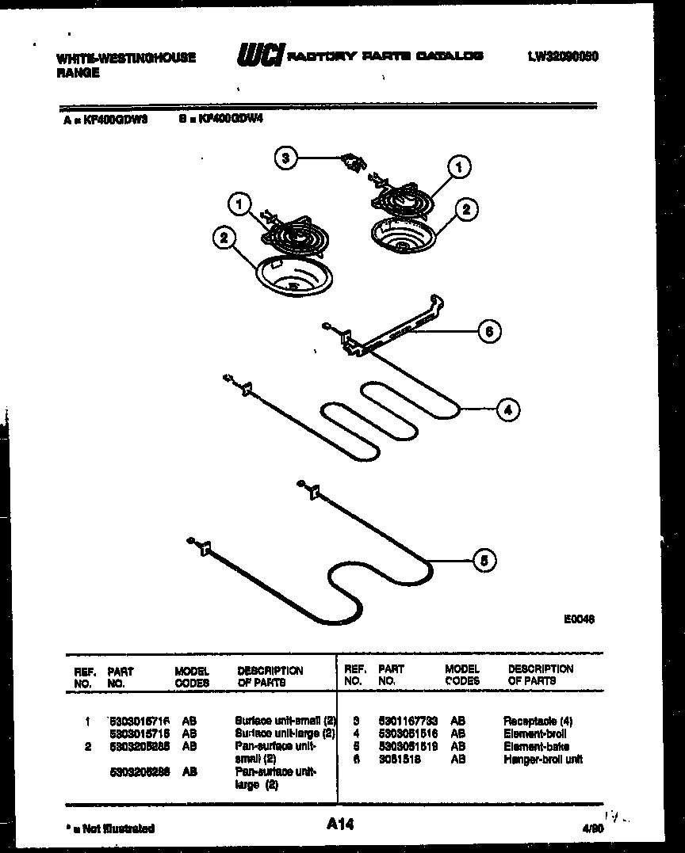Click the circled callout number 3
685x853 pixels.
(286, 158)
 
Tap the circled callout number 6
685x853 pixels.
(488, 332)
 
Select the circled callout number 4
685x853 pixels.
(507, 409)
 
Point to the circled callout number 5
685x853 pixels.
(484, 560)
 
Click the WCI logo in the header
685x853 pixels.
(259, 56)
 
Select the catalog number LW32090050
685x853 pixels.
(562, 56)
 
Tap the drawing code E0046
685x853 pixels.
(579, 619)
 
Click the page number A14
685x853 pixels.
(339, 825)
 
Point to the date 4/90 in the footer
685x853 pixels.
(591, 828)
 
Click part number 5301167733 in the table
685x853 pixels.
(408, 721)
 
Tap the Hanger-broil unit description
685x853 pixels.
(542, 759)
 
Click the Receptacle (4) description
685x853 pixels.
(538, 721)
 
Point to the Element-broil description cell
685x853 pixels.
(534, 733)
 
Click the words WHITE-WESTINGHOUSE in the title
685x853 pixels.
(126, 58)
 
